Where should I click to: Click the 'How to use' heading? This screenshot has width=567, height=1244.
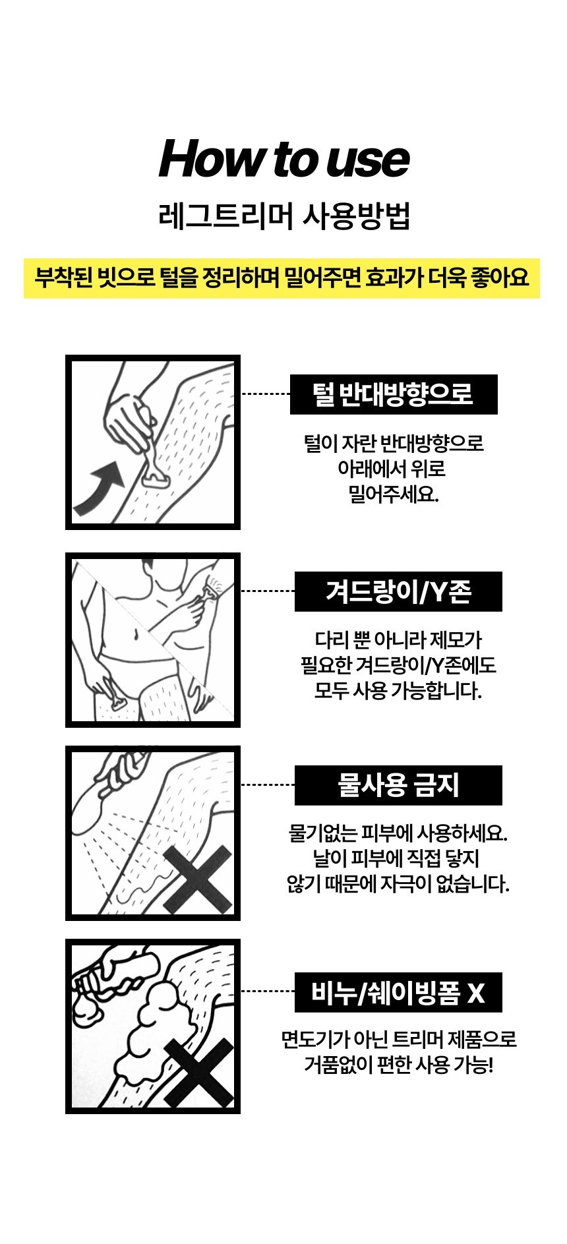[x=283, y=159]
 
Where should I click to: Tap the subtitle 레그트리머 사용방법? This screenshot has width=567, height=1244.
[x=285, y=217]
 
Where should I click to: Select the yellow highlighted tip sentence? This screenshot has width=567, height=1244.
[x=282, y=278]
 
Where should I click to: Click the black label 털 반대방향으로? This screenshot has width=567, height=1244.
[x=394, y=394]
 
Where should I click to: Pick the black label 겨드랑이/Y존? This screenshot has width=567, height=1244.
[x=398, y=591]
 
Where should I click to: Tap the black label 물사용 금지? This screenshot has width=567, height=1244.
[x=398, y=785]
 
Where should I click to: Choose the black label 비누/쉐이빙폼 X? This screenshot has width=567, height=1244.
[x=398, y=992]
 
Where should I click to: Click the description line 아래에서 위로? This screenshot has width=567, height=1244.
[x=392, y=469]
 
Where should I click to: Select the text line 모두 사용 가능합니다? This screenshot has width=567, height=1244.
[x=398, y=691]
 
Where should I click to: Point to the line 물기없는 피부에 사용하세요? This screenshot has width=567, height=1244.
[x=398, y=833]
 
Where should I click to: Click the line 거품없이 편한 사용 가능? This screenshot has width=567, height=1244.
[x=398, y=1065]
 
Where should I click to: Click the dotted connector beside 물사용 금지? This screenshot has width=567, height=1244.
[x=268, y=785]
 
